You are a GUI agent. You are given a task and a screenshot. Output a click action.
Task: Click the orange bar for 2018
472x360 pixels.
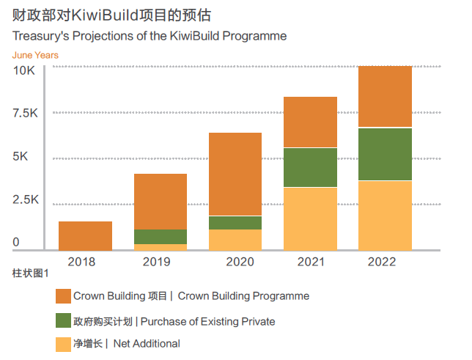[x=85, y=235]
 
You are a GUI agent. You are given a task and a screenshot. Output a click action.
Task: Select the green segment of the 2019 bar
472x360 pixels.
[x=161, y=237]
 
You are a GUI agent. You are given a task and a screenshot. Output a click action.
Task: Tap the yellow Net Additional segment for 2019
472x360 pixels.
[x=161, y=247]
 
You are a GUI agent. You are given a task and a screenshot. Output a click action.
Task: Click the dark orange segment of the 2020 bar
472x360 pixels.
[x=235, y=174]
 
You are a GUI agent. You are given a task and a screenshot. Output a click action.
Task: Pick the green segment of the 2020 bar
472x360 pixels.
[x=235, y=223]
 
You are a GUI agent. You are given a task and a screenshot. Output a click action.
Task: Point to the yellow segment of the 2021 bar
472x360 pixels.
[x=310, y=218]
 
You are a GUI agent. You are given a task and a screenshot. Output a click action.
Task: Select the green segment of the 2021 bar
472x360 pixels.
[x=310, y=167]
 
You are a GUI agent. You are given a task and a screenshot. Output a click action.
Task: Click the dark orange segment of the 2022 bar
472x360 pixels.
[x=385, y=97]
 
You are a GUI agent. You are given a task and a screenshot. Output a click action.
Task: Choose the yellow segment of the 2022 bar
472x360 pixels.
[x=385, y=215]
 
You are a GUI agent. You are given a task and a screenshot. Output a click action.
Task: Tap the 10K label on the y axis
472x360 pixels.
[x=25, y=70]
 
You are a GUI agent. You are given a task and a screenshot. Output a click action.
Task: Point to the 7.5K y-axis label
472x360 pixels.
[x=25, y=114]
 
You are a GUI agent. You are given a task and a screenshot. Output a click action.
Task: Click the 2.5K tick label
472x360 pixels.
[x=25, y=200]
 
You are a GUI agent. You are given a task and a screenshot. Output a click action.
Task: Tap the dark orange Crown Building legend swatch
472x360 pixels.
[x=63, y=296]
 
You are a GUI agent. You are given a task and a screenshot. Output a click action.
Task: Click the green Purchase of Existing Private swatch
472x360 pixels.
[x=63, y=321]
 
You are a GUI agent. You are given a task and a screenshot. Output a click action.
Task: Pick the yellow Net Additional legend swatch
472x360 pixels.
[x=63, y=344]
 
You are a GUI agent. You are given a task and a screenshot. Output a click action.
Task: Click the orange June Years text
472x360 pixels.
[x=35, y=55]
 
